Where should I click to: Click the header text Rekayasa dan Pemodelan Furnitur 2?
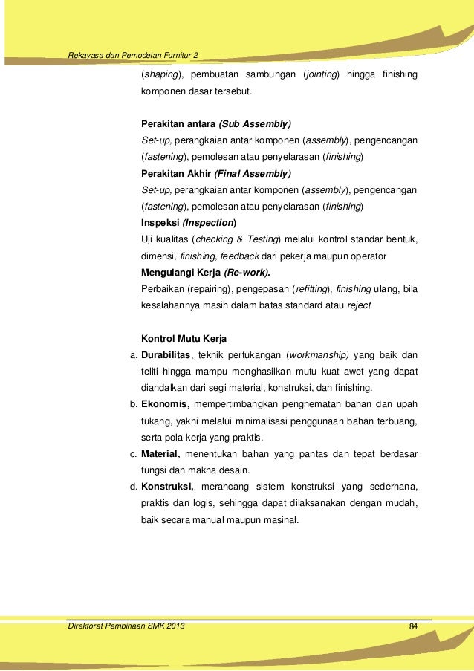(133, 54)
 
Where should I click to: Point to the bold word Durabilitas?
(166, 355)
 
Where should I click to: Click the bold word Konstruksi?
(167, 487)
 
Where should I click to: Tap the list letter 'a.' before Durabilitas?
(134, 355)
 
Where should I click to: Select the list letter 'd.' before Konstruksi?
(134, 487)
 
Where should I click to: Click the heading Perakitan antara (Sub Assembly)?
(216, 123)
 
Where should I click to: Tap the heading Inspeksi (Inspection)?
(189, 222)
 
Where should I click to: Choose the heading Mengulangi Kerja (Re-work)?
(206, 272)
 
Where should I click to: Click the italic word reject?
(359, 305)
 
